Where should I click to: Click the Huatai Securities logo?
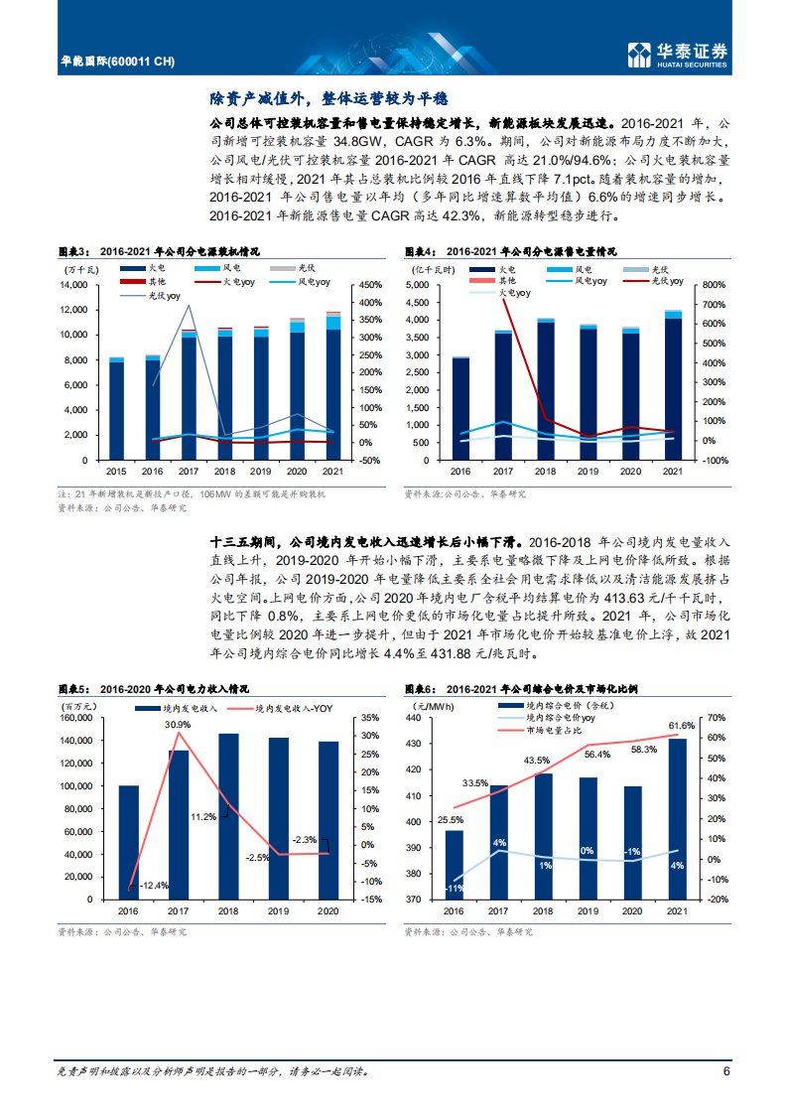click(x=678, y=55)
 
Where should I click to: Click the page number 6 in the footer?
click(x=725, y=1071)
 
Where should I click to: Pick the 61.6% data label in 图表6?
click(x=681, y=726)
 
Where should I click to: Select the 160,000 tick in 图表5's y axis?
click(x=75, y=718)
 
